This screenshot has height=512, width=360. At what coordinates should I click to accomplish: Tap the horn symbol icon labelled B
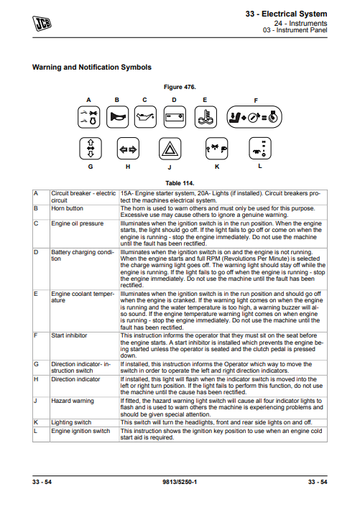[117, 116]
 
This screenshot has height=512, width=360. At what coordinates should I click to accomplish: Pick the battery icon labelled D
[174, 116]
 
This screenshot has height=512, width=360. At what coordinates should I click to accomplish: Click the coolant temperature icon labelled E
[205, 116]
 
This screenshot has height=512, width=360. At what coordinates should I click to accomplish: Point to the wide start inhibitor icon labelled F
[255, 116]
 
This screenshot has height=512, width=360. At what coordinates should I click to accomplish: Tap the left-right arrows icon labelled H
[127, 149]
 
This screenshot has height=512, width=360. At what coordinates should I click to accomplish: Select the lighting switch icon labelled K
[216, 149]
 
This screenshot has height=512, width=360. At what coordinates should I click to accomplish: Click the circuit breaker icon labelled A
[90, 116]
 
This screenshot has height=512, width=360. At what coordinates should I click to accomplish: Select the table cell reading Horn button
[68, 208]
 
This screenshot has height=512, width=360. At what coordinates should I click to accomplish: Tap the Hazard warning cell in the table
[72, 401]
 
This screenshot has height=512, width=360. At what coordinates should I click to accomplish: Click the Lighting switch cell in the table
[71, 423]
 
